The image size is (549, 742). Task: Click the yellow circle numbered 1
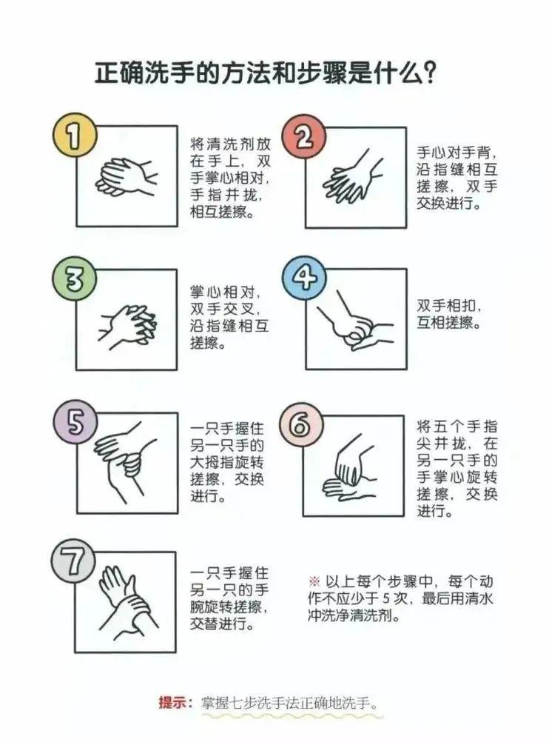[74, 136]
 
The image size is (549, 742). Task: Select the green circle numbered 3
[74, 279]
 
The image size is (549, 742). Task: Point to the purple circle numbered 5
[75, 421]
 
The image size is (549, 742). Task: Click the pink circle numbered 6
[300, 425]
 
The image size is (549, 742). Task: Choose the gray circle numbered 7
[73, 563]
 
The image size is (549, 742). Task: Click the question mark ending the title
[428, 73]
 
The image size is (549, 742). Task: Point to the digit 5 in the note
[386, 598]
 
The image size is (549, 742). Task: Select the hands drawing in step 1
[126, 176]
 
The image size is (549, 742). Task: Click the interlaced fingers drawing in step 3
[127, 326]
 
